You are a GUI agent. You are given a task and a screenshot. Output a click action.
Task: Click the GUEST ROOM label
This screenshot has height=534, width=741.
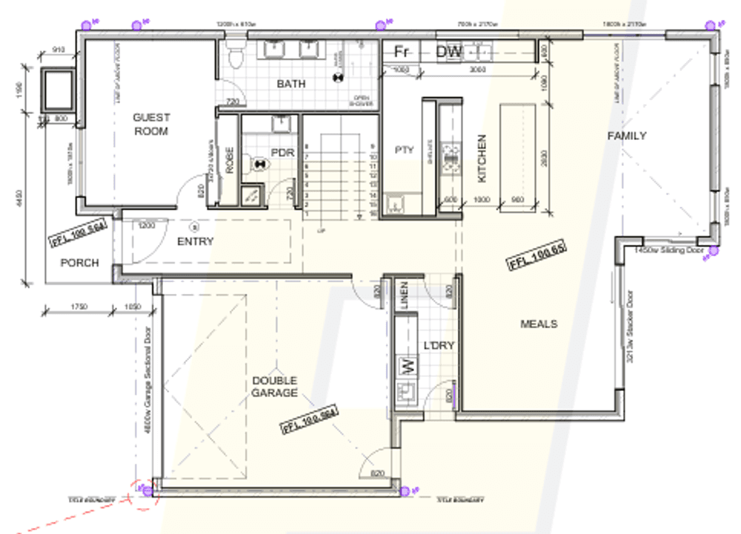pos(151,124)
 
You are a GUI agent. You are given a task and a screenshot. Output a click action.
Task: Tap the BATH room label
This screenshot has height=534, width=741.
pos(290,84)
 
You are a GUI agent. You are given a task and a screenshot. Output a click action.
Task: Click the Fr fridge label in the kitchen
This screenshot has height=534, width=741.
pos(402,52)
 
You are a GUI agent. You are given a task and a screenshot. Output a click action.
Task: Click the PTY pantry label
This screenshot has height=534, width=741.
pos(404,150)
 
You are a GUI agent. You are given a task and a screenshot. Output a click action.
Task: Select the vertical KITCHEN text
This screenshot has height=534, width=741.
pos(482,158)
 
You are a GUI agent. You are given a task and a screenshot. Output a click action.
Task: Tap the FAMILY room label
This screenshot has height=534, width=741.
pos(626,136)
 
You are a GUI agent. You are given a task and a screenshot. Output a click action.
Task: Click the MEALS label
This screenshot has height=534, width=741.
pos(539,324)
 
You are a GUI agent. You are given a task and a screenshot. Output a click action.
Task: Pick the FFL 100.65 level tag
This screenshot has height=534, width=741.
pos(536,256)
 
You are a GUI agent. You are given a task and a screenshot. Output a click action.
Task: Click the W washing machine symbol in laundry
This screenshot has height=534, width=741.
pos(405,364)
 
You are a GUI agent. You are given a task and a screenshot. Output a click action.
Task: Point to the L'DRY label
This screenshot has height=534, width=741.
pos(438,345)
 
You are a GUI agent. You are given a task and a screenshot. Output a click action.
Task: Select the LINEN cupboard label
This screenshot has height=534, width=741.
pos(404,296)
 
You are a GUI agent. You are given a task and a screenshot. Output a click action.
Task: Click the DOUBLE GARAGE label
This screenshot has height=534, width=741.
pos(275,386)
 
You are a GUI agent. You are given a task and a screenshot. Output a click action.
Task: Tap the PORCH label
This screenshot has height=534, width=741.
pos(79,262)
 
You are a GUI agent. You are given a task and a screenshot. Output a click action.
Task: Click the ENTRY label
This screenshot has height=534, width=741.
pos(196,241)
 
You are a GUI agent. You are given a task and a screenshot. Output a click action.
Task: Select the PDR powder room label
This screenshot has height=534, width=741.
pos(282,153)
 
